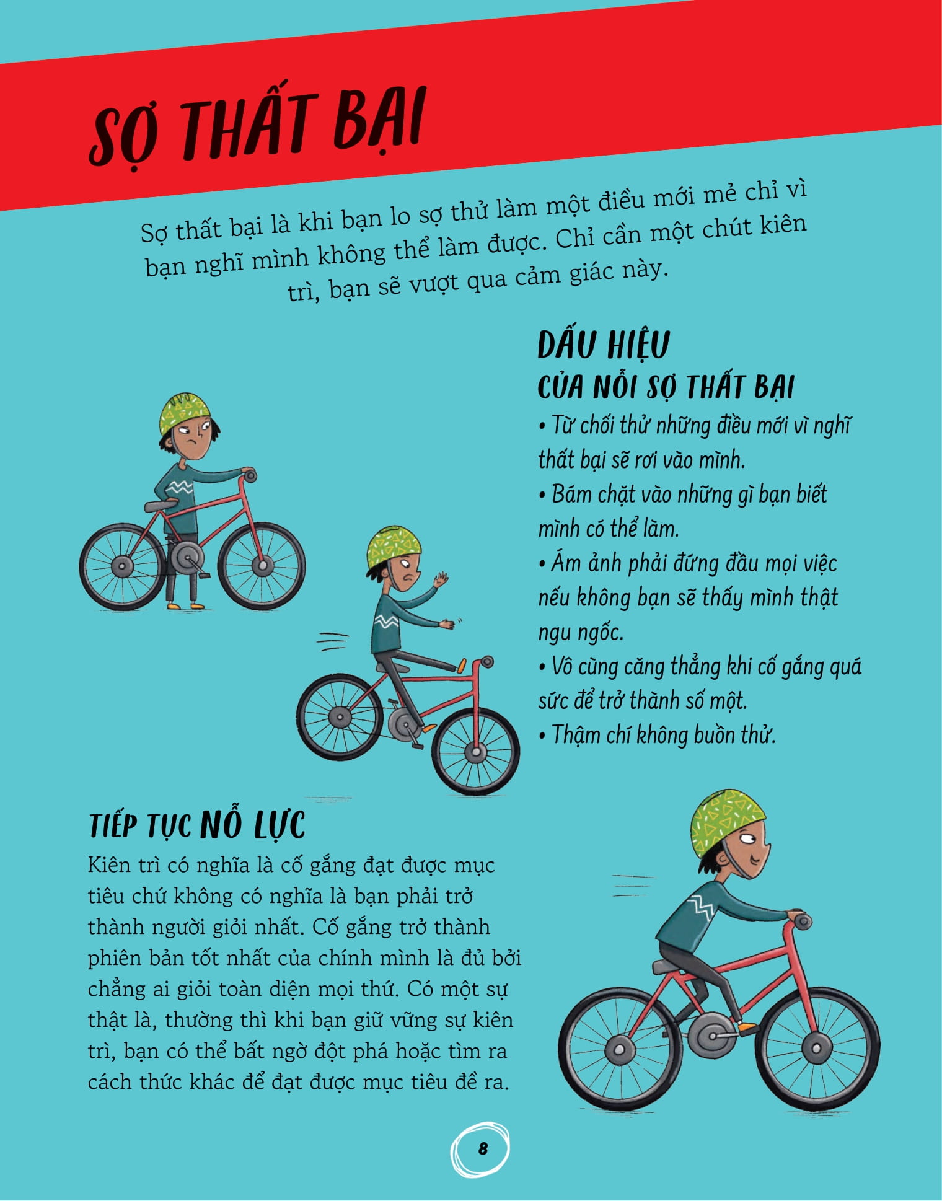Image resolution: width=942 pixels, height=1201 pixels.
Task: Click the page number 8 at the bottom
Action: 483,1148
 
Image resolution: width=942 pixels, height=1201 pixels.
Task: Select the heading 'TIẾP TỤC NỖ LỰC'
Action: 197,825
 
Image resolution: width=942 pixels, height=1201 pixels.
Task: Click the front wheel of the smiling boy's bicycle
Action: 817,1049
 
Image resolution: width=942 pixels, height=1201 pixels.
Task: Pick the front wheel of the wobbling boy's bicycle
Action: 475,752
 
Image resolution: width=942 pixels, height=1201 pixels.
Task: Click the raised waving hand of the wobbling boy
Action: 441,581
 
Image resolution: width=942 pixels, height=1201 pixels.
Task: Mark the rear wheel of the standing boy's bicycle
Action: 123,566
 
